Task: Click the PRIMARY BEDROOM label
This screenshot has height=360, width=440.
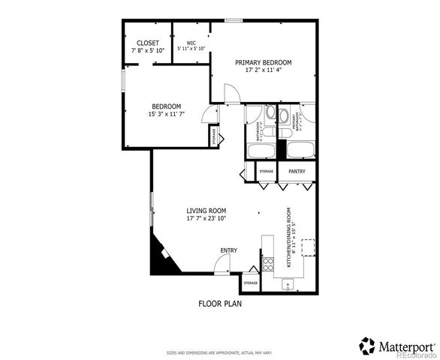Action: [x=263, y=62]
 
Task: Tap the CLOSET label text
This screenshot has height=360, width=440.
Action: [x=147, y=43]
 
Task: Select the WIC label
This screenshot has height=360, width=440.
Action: [x=191, y=43]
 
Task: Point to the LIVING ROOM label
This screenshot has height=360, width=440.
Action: [x=206, y=211]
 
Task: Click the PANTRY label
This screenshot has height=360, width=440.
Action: [x=297, y=172]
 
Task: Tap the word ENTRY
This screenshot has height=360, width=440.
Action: [x=228, y=250]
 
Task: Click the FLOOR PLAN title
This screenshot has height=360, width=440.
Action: [x=219, y=304]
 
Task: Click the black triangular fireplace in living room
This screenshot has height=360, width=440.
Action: [x=161, y=257]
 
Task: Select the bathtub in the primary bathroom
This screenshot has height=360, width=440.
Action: [x=298, y=150]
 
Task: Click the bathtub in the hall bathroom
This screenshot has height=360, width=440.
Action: [x=260, y=150]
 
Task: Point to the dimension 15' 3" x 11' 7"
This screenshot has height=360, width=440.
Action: [x=167, y=113]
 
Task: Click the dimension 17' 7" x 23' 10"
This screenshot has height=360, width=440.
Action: [x=206, y=219]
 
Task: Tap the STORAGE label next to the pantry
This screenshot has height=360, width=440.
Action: [x=267, y=172]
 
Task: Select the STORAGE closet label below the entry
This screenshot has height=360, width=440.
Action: [x=251, y=283]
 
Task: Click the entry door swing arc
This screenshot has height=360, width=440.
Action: [x=222, y=262]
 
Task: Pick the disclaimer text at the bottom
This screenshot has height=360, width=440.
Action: [x=219, y=352]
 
